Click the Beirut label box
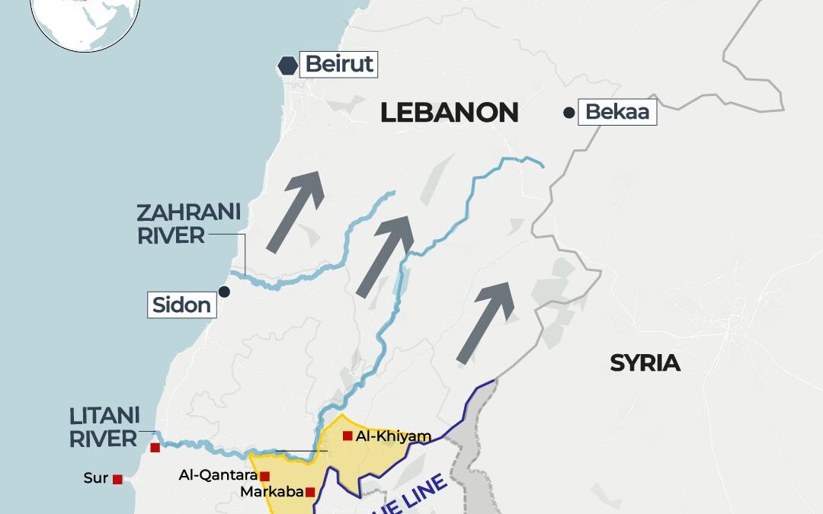click(339, 64)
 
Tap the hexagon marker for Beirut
click(287, 66)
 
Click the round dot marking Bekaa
click(568, 113)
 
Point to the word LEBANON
click(449, 113)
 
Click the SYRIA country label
click(645, 363)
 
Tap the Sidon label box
click(181, 305)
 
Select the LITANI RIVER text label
click(104, 427)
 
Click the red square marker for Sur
click(117, 479)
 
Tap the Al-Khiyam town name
click(393, 436)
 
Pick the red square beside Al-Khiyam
click(347, 436)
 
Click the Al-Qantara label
click(217, 475)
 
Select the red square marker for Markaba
click(310, 492)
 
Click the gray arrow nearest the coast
click(296, 211)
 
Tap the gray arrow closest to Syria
click(485, 322)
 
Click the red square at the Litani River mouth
click(155, 448)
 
